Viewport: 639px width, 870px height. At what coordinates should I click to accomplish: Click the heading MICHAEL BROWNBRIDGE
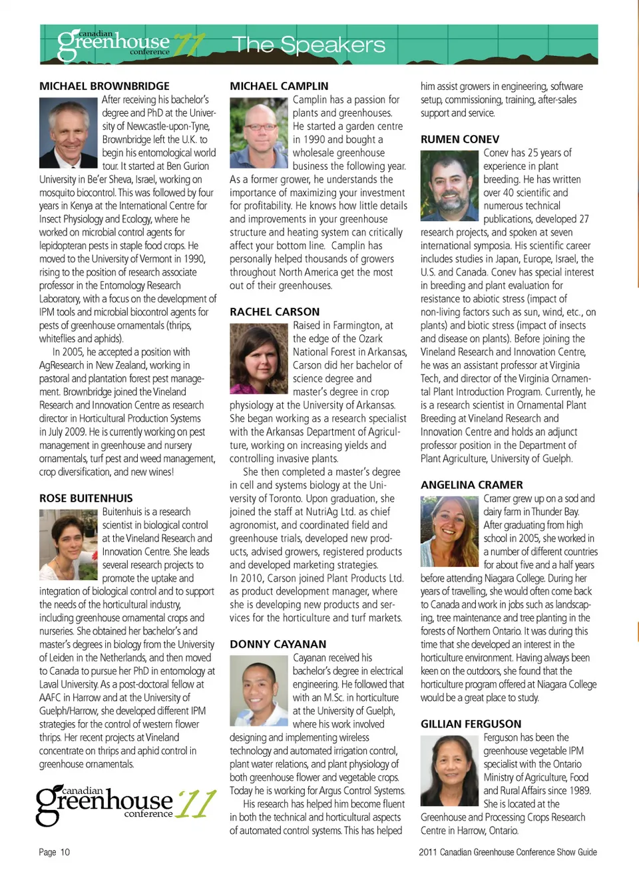pyautogui.click(x=105, y=86)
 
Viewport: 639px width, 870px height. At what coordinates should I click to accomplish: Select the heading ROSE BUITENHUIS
pyautogui.click(x=86, y=498)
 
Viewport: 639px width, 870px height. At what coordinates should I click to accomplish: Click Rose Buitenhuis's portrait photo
pyautogui.click(x=69, y=544)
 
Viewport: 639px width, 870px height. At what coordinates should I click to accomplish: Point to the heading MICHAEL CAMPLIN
pyautogui.click(x=279, y=86)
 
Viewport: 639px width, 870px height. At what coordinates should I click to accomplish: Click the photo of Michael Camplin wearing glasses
pyautogui.click(x=259, y=132)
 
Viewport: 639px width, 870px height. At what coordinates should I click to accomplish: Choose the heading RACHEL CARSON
pyautogui.click(x=274, y=312)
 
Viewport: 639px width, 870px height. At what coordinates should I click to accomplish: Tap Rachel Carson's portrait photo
pyautogui.click(x=259, y=358)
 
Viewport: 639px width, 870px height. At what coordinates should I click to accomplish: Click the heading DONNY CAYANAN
pyautogui.click(x=278, y=644)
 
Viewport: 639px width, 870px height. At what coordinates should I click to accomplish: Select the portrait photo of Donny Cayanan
pyautogui.click(x=259, y=690)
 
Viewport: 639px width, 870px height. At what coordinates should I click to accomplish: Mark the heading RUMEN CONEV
pyautogui.click(x=459, y=139)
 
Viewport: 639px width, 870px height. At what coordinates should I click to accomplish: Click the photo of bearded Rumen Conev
pyautogui.click(x=450, y=185)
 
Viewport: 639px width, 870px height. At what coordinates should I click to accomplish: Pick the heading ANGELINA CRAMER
pyautogui.click(x=471, y=485)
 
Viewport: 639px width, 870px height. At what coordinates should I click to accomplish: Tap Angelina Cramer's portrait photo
pyautogui.click(x=450, y=531)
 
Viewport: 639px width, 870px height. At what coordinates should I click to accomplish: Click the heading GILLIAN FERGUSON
pyautogui.click(x=471, y=724)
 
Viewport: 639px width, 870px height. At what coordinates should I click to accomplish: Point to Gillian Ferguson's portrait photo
pyautogui.click(x=450, y=770)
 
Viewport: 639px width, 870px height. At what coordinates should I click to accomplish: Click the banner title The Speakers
pyautogui.click(x=309, y=45)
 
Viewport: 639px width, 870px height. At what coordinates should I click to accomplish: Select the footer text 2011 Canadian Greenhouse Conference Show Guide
pyautogui.click(x=507, y=852)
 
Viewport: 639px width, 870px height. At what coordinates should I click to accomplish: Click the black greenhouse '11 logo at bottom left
pyautogui.click(x=125, y=804)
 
